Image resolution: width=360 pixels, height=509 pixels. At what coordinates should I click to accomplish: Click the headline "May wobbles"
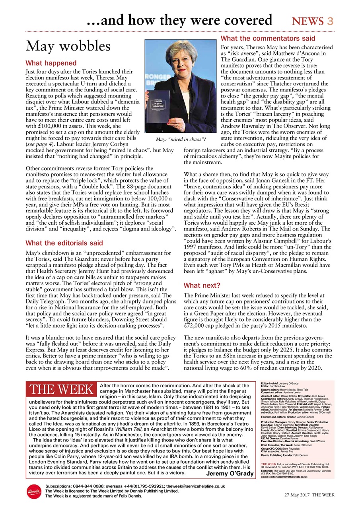point(68,47)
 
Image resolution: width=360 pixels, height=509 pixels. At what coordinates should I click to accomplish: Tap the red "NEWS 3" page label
point(312,21)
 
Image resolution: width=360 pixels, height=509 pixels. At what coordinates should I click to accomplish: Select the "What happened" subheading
point(51,63)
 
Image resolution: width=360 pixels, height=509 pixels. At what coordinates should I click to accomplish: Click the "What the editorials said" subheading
point(64,243)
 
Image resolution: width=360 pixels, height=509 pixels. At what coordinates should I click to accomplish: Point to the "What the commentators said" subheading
point(268,39)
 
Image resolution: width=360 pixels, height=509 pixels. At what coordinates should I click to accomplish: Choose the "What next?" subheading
point(202,286)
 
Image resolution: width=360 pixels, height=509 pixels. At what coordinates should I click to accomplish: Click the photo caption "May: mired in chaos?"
point(181,139)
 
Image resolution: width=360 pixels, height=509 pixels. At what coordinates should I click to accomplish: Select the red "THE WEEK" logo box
point(61,390)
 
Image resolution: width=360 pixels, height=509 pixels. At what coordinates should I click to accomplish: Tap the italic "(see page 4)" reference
point(39,144)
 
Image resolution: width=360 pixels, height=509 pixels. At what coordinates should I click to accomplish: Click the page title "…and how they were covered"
point(179,20)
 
